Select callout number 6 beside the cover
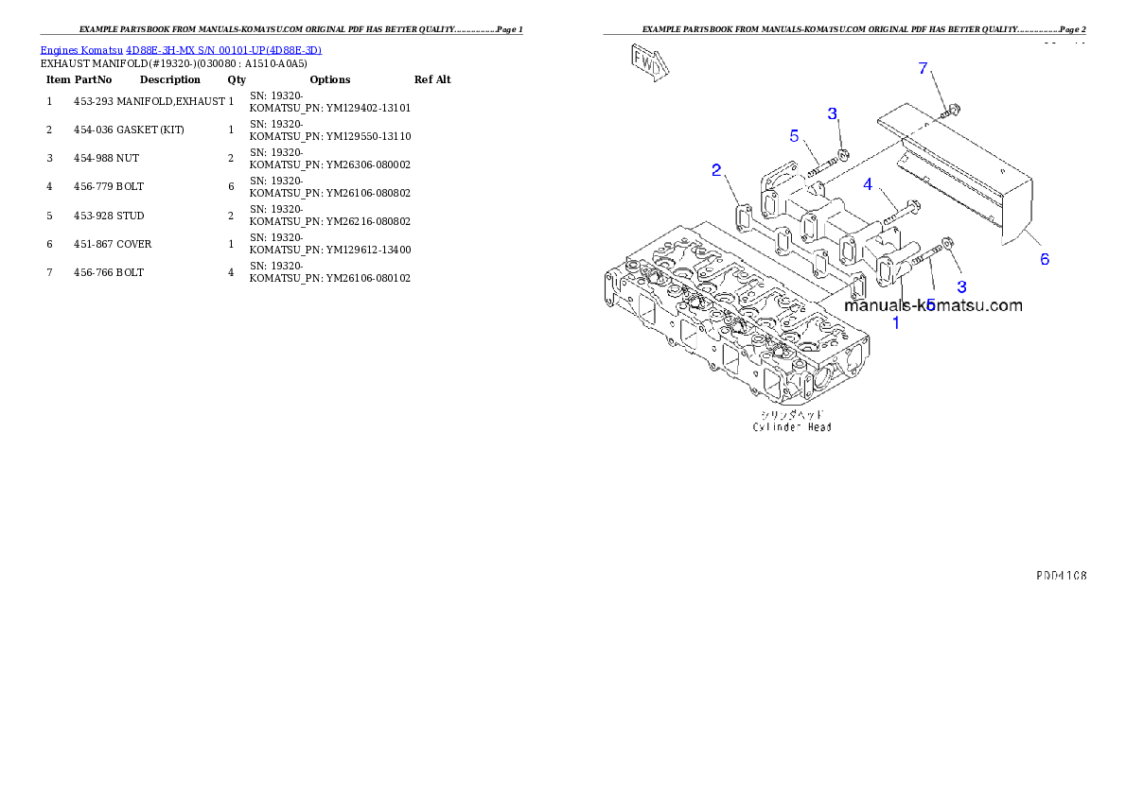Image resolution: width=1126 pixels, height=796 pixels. pos(1045,258)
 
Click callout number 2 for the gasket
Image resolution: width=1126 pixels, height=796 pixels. pos(717,170)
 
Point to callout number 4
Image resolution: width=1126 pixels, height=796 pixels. pos(867,184)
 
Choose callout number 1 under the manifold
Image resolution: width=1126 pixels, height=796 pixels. pos(897,322)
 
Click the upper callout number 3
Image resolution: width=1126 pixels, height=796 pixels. pos(833,114)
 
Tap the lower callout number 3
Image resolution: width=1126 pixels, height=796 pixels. pos(961,286)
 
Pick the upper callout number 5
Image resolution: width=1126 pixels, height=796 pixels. pos(795,135)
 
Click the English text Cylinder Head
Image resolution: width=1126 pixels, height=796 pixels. pos(792,427)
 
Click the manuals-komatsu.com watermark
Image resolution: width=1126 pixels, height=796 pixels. pos(933,305)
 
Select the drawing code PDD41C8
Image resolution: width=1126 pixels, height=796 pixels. pos(1060,574)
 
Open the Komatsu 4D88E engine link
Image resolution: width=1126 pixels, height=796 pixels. pos(181,49)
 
